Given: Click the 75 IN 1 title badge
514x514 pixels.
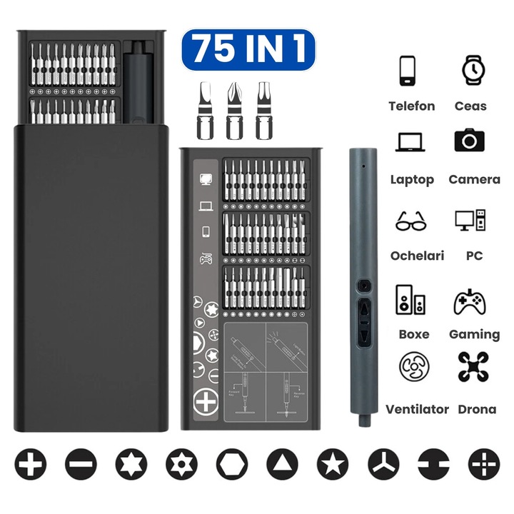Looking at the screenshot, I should (x=248, y=50).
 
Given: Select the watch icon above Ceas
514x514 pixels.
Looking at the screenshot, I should (x=471, y=70).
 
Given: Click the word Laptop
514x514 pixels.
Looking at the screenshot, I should (x=412, y=180).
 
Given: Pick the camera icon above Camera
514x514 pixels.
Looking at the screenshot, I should (x=470, y=139).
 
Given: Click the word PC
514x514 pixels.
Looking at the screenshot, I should (x=474, y=256).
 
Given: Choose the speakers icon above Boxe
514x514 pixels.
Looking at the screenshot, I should (x=411, y=300).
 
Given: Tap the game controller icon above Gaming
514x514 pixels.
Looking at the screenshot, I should (x=470, y=301).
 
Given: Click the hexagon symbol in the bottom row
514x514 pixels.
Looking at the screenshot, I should (x=232, y=465).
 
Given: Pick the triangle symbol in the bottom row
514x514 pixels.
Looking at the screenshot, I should (x=282, y=465).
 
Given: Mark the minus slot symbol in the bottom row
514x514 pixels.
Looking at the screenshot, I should (x=79, y=465).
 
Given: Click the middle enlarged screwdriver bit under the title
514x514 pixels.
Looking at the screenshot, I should (x=235, y=111).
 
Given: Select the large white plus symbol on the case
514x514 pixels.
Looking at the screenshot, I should (x=206, y=402).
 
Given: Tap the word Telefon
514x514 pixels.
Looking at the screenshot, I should (x=411, y=106).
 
